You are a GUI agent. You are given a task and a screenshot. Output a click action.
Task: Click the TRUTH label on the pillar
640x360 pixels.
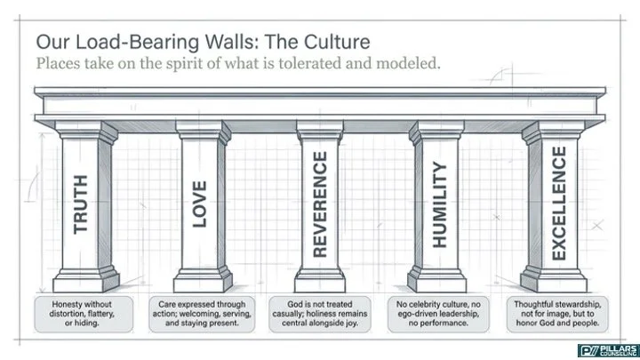coord(80,204)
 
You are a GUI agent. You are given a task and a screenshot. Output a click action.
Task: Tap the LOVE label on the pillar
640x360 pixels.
coord(199,204)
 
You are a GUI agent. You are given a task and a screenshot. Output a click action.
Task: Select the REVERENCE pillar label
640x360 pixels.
coord(320,204)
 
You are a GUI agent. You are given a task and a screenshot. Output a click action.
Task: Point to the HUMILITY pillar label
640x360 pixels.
coord(440,204)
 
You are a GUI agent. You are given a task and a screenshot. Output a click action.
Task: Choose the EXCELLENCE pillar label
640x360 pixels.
coord(559,204)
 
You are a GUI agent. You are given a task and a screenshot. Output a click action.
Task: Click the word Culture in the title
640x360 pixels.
coord(337,42)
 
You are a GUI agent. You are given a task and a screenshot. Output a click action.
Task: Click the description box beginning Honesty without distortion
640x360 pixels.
coord(84,314)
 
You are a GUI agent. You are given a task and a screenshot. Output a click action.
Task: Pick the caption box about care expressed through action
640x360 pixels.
coord(202,314)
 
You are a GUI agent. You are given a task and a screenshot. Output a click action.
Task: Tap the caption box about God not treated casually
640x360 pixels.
coord(320,314)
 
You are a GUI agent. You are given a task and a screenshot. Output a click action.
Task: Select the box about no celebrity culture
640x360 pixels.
coord(438,314)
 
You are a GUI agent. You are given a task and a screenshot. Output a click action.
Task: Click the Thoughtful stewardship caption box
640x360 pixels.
coord(557,314)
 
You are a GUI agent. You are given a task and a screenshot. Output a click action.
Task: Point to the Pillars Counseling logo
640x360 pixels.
coord(608,350)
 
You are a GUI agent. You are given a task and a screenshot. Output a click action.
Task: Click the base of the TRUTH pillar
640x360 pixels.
coord(86,279)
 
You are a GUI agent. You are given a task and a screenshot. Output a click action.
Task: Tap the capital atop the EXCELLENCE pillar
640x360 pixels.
coord(553,132)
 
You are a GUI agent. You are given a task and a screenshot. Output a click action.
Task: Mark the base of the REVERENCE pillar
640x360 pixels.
coord(320,279)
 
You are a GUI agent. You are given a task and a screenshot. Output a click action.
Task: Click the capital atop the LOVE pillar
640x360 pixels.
coord(204,131)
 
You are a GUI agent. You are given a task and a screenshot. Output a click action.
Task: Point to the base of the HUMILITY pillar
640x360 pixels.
coord(436,279)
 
